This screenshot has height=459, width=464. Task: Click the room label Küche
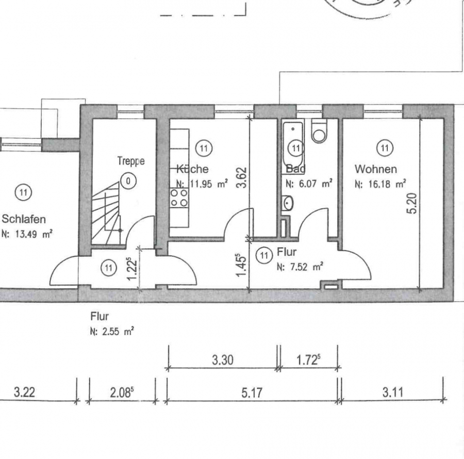pos(192,169)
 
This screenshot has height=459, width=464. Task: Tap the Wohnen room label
pos(376,169)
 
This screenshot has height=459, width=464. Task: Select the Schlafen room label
pos(24,219)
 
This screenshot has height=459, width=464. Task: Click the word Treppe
pos(131,161)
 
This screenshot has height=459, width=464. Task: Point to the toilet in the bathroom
pos(320,131)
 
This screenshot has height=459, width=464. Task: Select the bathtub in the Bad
pos(293,144)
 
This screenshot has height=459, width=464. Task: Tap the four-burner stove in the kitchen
pos(179,198)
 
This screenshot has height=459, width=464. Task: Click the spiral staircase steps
pos(107,213)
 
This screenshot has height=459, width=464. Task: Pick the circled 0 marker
pos(128,181)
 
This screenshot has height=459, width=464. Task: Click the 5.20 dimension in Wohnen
pos(412,203)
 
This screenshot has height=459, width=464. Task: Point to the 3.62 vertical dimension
pos(241,177)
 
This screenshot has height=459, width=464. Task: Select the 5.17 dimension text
pos(252,392)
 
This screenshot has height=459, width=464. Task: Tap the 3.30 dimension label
pos(223,360)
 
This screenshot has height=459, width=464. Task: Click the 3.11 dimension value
pos(393,392)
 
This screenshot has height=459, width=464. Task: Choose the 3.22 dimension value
pos(24,392)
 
